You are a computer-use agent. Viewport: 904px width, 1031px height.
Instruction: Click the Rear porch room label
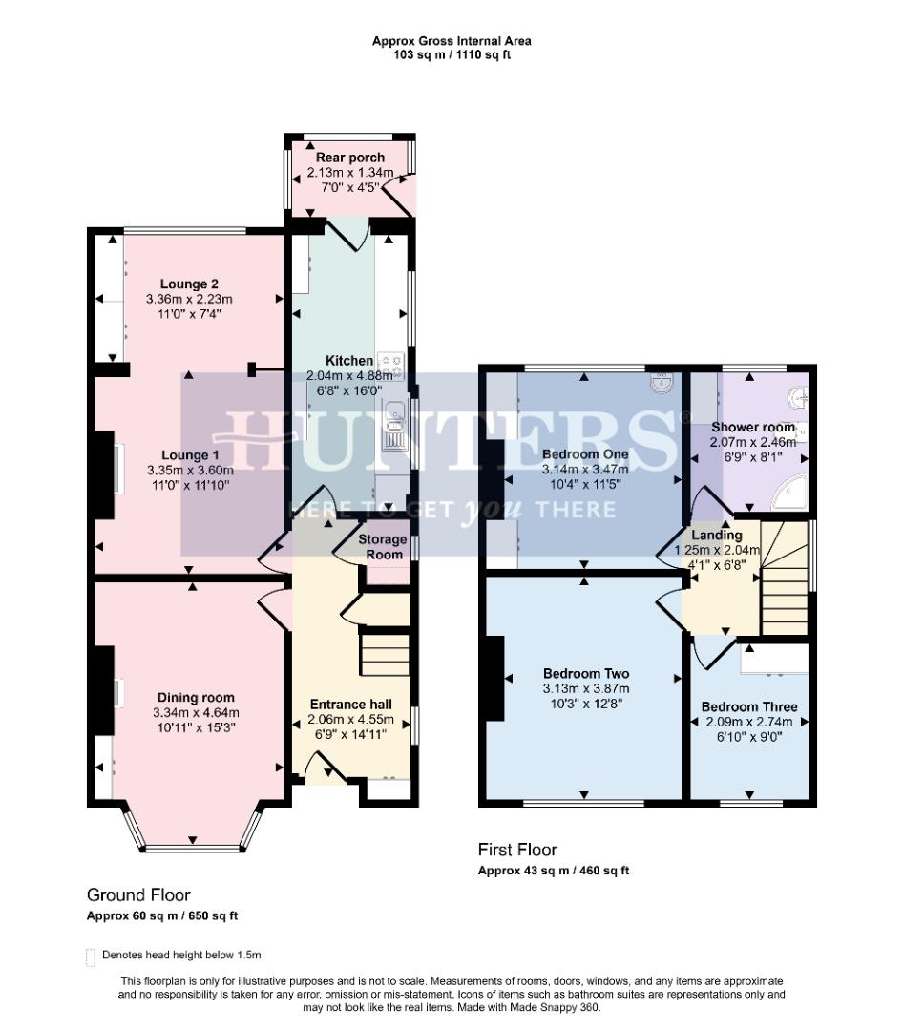(x=350, y=158)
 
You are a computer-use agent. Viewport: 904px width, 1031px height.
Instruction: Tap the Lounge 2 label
(x=189, y=284)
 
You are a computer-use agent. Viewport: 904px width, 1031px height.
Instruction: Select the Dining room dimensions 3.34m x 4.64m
(x=196, y=712)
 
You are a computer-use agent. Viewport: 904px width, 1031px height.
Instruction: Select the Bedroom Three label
(x=749, y=706)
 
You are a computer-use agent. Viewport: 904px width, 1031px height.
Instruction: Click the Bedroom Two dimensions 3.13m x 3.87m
(x=586, y=688)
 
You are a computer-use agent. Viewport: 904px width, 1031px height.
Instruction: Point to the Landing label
(x=716, y=536)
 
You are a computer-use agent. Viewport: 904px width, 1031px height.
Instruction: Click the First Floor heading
(x=517, y=850)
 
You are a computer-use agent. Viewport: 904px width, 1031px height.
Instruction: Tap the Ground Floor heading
(x=138, y=895)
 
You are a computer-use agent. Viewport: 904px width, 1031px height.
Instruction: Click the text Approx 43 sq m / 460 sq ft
(x=553, y=871)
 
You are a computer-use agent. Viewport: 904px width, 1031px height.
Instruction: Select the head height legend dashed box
(x=91, y=957)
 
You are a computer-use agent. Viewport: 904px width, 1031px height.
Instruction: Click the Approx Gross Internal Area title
(x=452, y=41)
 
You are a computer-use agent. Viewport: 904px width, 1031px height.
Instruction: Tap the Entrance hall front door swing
(x=323, y=766)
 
